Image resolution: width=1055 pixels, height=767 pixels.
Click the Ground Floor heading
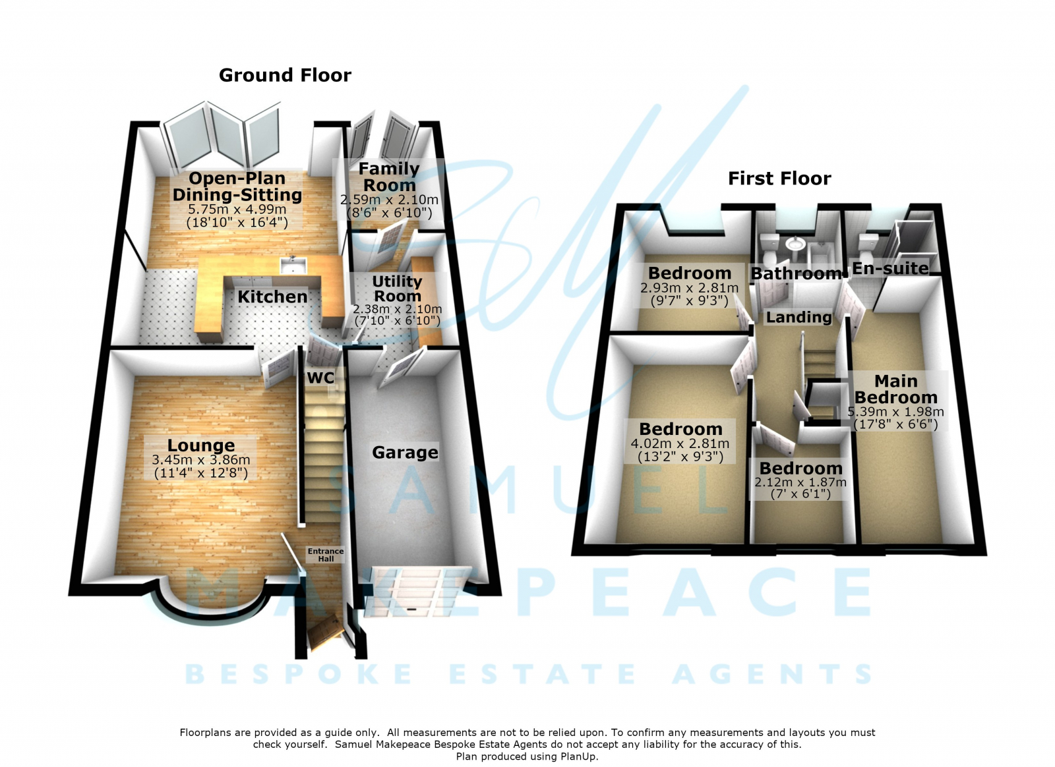285,75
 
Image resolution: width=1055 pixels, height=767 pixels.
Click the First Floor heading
779,179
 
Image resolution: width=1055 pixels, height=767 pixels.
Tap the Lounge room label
201,445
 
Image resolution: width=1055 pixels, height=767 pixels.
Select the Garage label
405,453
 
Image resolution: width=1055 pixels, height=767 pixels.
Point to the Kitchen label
272,297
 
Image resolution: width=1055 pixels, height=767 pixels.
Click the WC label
320,378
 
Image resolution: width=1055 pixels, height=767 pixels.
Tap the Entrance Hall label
326,555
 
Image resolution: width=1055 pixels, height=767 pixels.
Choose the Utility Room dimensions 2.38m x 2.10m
398,309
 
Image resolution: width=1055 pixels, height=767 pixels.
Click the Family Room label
389,177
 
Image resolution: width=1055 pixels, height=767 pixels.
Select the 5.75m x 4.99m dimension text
237,210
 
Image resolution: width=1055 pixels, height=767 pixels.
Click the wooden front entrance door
324,633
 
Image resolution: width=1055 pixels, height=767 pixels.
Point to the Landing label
799,317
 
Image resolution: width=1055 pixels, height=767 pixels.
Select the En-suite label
891,268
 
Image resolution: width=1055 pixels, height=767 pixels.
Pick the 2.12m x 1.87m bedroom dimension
800,482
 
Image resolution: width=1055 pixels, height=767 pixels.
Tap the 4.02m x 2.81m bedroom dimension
680,443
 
